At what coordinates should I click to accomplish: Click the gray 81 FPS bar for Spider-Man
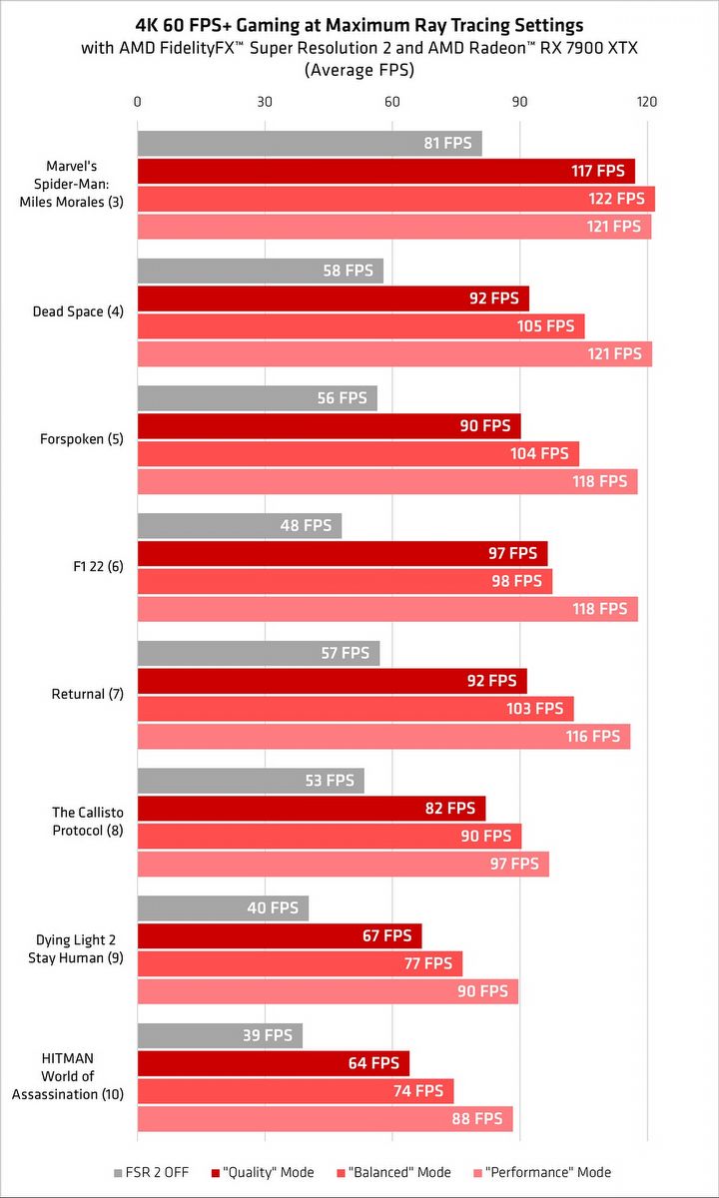pos(310,144)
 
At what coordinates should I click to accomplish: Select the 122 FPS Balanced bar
pos(395,199)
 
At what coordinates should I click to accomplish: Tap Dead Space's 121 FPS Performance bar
pos(394,353)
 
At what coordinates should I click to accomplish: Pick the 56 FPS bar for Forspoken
pos(257,398)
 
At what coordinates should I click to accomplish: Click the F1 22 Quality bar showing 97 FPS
pos(343,553)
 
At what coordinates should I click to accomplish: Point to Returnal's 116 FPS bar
pos(383,737)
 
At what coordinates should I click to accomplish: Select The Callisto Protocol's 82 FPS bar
pos(311,809)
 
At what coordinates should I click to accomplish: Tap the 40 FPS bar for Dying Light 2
pos(223,908)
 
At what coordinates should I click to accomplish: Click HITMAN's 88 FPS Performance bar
pos(325,1119)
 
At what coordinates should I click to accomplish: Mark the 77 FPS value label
pos(427,963)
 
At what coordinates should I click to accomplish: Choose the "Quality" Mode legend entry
pos(263,1172)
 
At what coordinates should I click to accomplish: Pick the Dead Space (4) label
pos(78,311)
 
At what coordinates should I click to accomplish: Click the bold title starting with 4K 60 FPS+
pos(359,25)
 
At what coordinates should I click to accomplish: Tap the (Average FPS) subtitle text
pos(359,70)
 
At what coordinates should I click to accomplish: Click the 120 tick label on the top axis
pos(647,102)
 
